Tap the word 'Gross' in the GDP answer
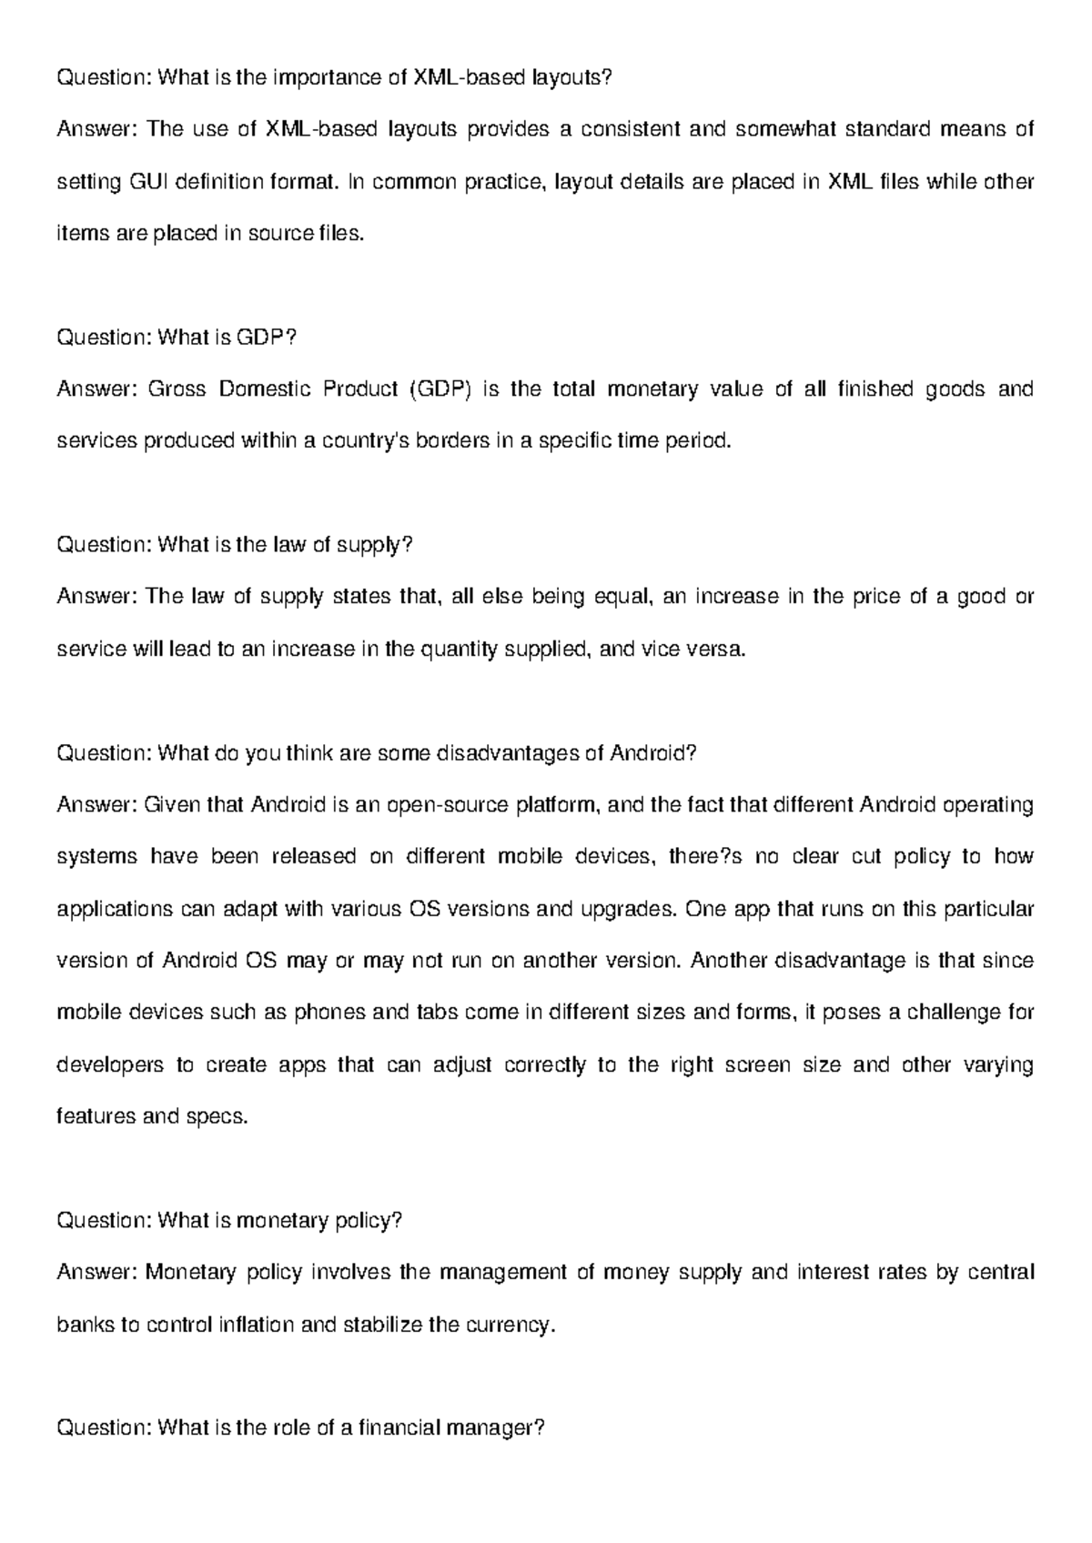pyautogui.click(x=177, y=389)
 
